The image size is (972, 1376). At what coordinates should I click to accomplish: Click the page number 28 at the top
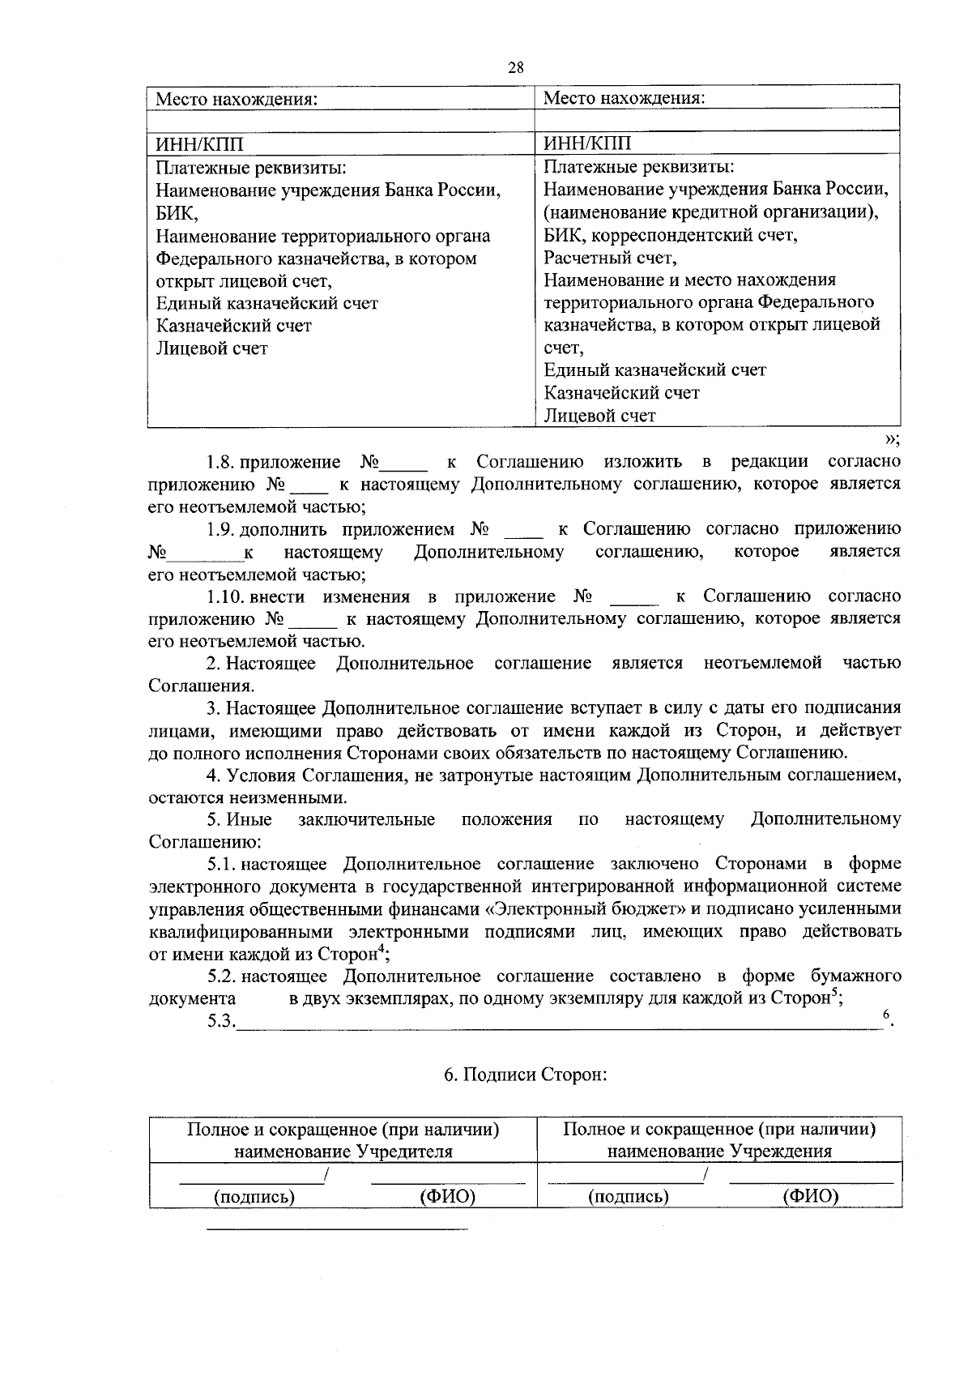tap(515, 68)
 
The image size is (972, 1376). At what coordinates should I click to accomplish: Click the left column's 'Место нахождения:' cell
tap(236, 100)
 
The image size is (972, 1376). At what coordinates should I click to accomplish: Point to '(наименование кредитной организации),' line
tap(711, 212)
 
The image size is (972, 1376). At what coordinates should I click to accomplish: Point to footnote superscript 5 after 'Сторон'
tap(833, 993)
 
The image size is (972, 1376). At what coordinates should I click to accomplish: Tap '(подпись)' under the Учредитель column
tap(253, 1196)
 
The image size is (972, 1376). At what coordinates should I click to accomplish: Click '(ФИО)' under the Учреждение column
tap(810, 1196)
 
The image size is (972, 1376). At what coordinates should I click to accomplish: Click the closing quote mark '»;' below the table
tap(892, 438)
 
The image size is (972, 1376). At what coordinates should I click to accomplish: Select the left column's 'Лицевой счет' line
tap(211, 348)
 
